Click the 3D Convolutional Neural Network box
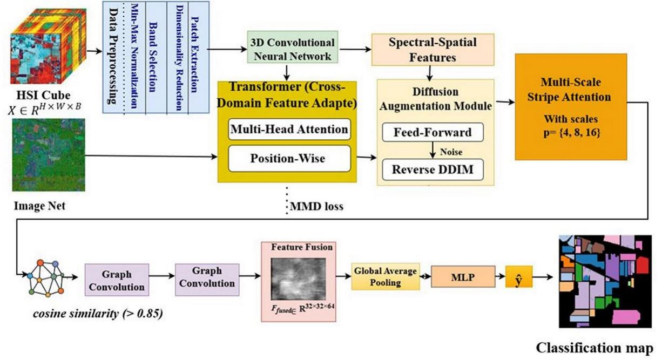click(x=292, y=49)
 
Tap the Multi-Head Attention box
click(x=289, y=130)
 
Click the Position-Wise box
click(x=289, y=158)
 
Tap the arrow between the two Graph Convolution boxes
click(x=161, y=279)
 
